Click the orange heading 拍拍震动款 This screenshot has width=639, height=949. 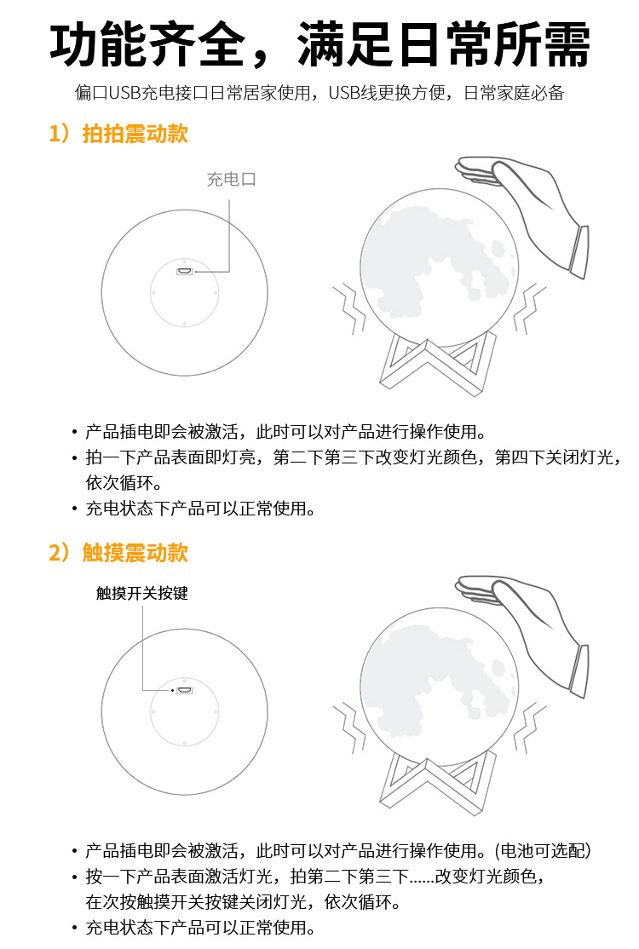click(135, 134)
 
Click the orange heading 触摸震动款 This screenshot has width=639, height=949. click(135, 553)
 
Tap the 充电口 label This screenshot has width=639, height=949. click(231, 180)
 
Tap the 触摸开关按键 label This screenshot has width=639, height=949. click(141, 593)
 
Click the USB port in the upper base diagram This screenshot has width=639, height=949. click(184, 272)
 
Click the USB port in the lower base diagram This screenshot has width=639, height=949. click(184, 689)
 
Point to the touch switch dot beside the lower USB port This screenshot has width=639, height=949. click(172, 689)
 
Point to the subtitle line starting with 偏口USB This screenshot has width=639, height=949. click(319, 93)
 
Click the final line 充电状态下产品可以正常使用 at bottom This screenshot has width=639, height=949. click(200, 927)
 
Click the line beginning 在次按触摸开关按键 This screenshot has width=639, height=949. click(243, 901)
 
